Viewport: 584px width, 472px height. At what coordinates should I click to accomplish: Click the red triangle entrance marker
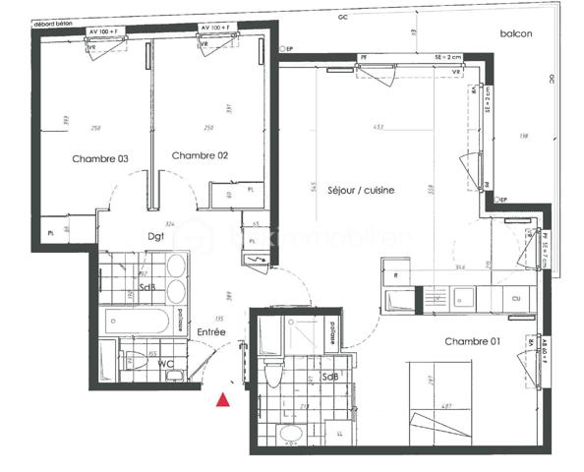[224, 399]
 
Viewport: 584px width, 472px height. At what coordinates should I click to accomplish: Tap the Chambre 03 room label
[100, 158]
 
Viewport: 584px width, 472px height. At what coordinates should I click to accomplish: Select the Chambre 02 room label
[200, 156]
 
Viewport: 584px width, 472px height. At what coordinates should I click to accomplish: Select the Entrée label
[210, 333]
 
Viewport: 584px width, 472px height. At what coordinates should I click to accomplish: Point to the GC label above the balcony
[343, 18]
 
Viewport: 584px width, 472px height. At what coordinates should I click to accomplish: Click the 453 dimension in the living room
[379, 128]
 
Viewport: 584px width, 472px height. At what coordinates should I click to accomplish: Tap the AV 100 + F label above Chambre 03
[105, 30]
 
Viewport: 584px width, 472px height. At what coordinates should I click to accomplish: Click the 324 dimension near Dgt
[170, 224]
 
